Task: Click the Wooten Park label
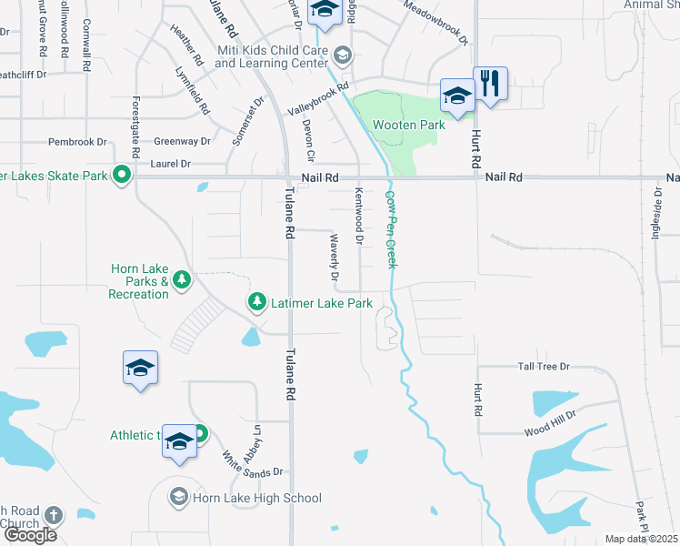click(406, 124)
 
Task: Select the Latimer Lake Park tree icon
click(257, 301)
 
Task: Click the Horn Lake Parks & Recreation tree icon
click(182, 279)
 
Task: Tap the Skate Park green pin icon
click(120, 176)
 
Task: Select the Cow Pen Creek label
click(392, 228)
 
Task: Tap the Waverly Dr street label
click(334, 258)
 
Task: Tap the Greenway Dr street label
click(182, 141)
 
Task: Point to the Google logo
click(30, 535)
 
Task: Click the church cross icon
click(53, 515)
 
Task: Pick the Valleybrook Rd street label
click(318, 99)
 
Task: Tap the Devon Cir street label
click(309, 141)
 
